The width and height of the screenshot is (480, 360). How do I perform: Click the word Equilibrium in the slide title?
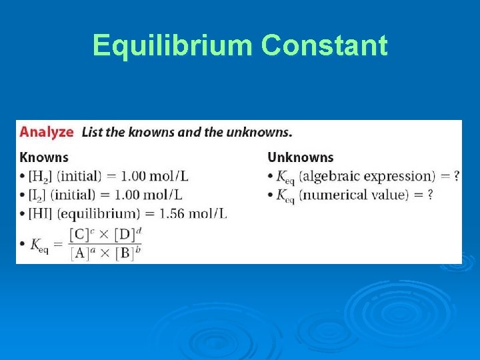(x=174, y=45)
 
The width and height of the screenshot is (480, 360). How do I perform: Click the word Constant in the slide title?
(x=325, y=45)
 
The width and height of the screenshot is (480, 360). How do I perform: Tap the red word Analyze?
(x=46, y=131)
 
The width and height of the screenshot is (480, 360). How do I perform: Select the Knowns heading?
(x=44, y=157)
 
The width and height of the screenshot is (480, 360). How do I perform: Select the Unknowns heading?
(x=300, y=157)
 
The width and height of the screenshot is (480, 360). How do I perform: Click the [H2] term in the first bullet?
(x=39, y=177)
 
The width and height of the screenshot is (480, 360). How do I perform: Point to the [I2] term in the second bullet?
(x=37, y=195)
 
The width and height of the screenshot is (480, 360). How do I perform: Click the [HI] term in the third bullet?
(x=39, y=213)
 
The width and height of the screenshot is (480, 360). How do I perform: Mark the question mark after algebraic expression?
(x=456, y=177)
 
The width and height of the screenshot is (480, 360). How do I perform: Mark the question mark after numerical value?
(x=430, y=195)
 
